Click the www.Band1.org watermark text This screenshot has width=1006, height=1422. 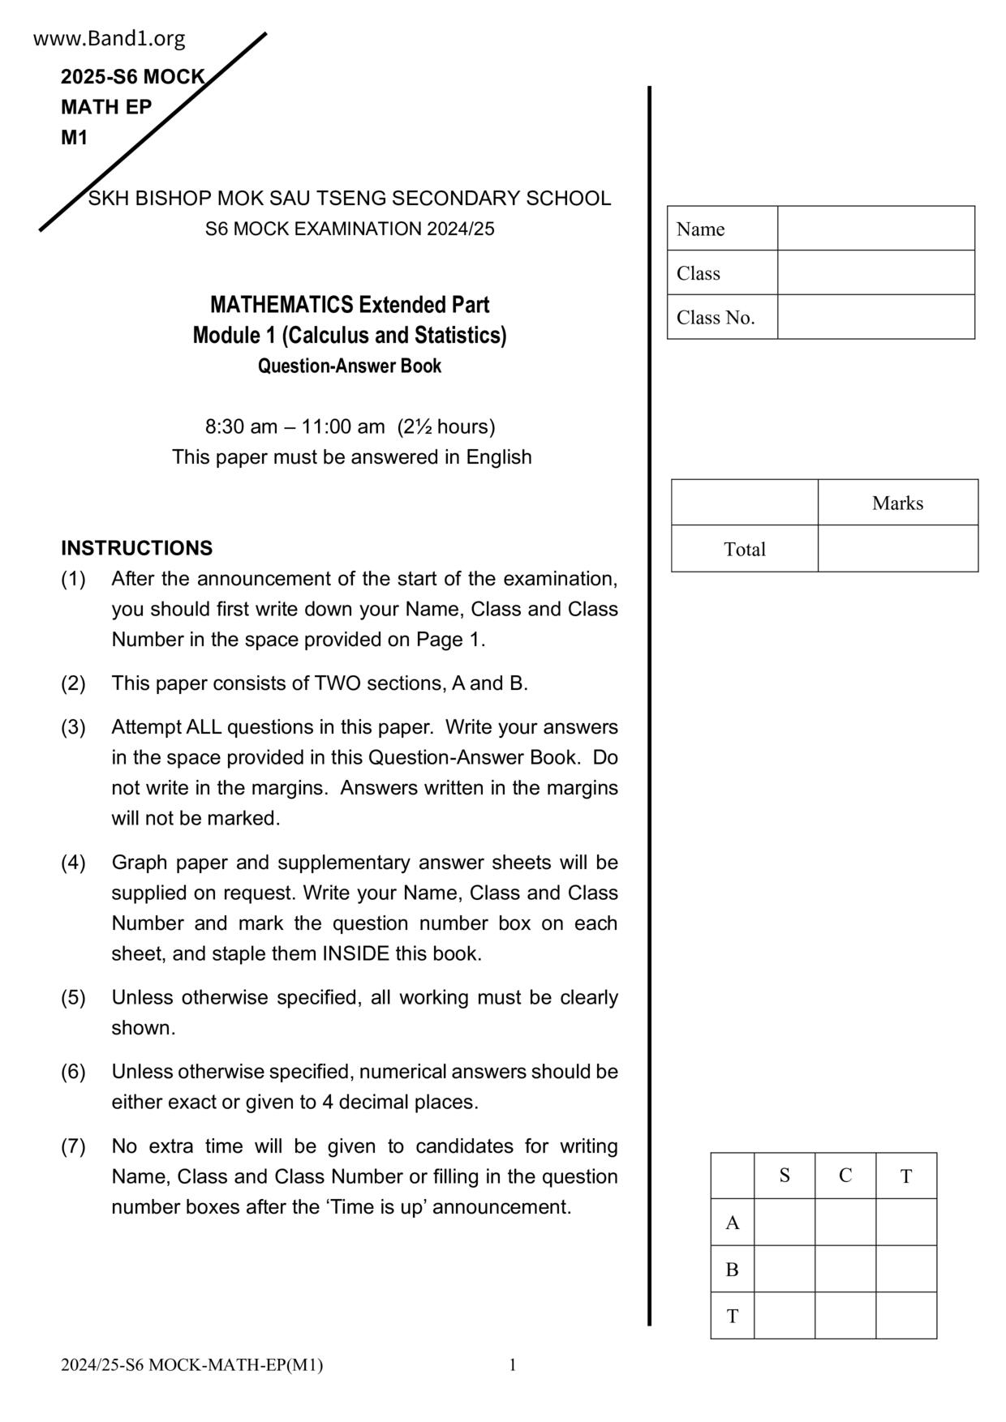110,38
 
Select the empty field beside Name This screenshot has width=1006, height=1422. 875,229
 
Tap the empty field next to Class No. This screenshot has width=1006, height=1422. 875,317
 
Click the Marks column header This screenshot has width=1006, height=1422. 897,503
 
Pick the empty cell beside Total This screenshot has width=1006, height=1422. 897,549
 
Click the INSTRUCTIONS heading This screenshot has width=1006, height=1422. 136,548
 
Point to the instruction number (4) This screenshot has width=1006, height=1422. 73,862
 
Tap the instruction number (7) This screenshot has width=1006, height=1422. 73,1146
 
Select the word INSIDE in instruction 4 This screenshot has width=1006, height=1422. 356,953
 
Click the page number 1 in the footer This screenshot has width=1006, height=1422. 513,1364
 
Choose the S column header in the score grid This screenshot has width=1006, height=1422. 785,1176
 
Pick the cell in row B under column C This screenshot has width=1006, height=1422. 845,1269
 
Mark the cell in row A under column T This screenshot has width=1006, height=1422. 906,1222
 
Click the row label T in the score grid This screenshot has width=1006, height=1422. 733,1316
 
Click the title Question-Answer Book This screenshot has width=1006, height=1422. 350,366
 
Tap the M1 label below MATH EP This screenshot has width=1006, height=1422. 74,138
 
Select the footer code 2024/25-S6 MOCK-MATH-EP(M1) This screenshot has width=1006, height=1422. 191,1365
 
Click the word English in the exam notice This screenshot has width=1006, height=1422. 498,457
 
